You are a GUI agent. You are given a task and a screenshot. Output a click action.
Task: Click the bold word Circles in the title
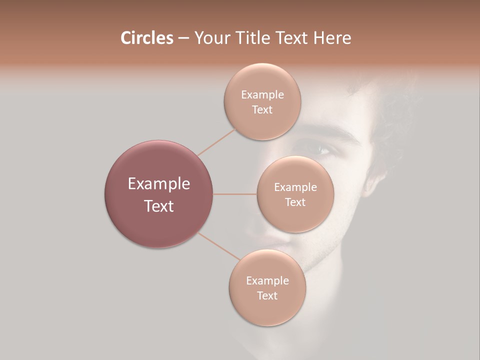[146, 38]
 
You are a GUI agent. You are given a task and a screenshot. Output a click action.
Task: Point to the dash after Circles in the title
[183, 38]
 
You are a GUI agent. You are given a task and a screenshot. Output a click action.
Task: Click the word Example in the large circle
[159, 184]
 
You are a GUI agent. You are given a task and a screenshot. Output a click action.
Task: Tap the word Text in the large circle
[159, 206]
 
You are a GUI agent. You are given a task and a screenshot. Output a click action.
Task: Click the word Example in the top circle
[262, 94]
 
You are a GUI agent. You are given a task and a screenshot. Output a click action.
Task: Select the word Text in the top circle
[262, 109]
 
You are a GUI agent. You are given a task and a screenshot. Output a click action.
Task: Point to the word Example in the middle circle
[295, 187]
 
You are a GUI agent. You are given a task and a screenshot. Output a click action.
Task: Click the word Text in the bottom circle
[267, 295]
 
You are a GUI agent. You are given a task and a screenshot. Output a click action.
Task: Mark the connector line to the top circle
[216, 141]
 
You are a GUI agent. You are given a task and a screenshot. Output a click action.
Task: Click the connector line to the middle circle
[235, 193]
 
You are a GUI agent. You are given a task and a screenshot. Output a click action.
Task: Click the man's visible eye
[318, 148]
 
